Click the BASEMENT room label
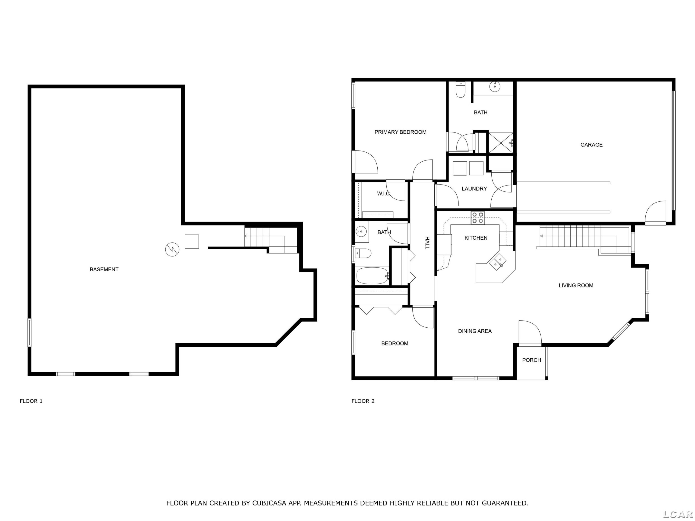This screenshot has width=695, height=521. (x=104, y=270)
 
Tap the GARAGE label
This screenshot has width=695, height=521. (x=591, y=145)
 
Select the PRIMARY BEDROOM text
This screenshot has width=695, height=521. (x=400, y=132)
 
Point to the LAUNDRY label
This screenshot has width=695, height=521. (x=474, y=189)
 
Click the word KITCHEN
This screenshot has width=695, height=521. (x=476, y=238)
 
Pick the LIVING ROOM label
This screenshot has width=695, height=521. (x=576, y=286)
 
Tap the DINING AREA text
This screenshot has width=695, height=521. (x=475, y=331)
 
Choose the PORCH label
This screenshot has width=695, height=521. (x=532, y=360)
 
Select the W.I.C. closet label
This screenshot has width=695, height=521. (x=384, y=194)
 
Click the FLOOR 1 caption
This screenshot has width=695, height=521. (x=31, y=401)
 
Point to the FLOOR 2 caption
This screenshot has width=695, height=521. (x=363, y=401)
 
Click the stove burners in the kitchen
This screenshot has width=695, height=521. (x=477, y=218)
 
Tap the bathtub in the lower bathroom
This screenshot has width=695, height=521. (x=373, y=276)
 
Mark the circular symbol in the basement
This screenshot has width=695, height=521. (x=172, y=250)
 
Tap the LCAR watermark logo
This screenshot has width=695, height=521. (x=678, y=514)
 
